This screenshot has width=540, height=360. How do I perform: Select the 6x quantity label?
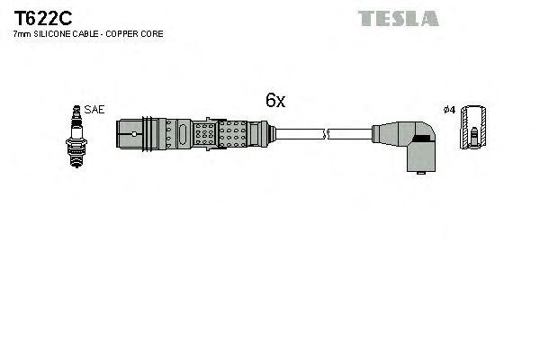[x=274, y=102]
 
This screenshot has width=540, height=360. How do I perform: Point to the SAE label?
[x=94, y=109]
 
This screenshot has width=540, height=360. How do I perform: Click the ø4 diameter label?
[x=449, y=110]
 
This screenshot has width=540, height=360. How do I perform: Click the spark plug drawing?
[x=77, y=132]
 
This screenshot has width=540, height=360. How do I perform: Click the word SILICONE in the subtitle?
[x=56, y=33]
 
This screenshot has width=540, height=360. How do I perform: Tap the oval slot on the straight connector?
[x=183, y=134]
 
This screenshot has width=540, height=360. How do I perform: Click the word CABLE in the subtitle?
[x=91, y=33]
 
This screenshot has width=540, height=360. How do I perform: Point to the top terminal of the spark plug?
[x=77, y=109]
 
